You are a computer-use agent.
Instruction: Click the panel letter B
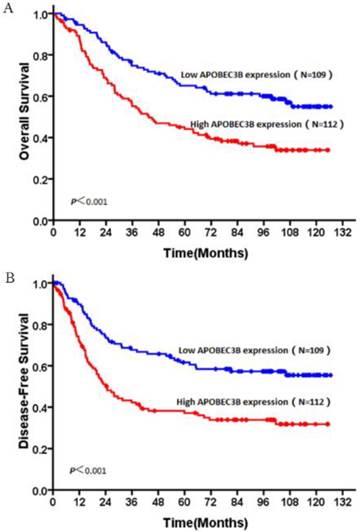coord(8,276)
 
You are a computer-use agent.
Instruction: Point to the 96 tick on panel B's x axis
coord(261,501)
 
